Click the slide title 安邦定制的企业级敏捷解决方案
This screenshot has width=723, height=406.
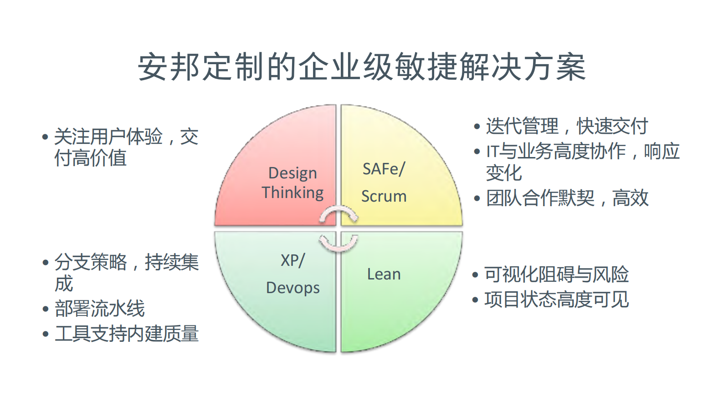click(x=361, y=67)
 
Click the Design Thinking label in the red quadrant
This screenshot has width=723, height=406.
click(x=292, y=183)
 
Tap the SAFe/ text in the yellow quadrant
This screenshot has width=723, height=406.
click(x=384, y=169)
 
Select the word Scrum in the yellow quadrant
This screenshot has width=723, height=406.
click(x=384, y=196)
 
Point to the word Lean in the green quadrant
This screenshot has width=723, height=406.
click(x=384, y=274)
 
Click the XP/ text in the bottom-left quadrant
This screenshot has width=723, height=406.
click(x=292, y=260)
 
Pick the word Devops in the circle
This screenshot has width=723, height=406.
click(x=292, y=288)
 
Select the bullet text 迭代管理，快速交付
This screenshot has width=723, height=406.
click(x=566, y=126)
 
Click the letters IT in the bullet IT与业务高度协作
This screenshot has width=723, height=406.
click(x=492, y=152)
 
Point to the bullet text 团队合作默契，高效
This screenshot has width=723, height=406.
click(x=567, y=198)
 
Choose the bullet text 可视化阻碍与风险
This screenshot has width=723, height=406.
click(x=556, y=274)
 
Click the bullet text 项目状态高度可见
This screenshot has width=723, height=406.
click(x=556, y=299)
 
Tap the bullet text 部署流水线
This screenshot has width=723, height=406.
click(x=100, y=309)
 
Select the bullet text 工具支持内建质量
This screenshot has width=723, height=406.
click(x=127, y=334)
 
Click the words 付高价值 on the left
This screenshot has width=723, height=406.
click(x=90, y=158)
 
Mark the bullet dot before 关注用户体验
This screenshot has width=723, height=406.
click(x=45, y=137)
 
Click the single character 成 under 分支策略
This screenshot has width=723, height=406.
click(x=64, y=284)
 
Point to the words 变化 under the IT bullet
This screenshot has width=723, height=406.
click(x=503, y=173)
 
